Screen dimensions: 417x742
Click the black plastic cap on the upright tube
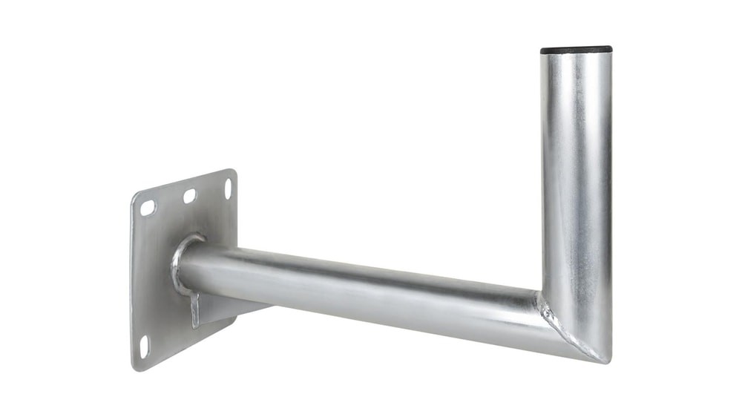577,50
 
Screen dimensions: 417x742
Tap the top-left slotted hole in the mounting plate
148,208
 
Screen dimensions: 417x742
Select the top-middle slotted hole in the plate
190,196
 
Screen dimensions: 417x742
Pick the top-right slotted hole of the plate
228,188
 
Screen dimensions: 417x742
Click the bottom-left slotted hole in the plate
144,347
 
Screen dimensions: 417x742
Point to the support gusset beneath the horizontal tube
195,308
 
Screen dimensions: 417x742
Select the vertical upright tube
577,185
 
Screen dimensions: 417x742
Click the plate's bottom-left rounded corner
136,365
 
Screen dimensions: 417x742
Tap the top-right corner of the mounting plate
233,173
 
